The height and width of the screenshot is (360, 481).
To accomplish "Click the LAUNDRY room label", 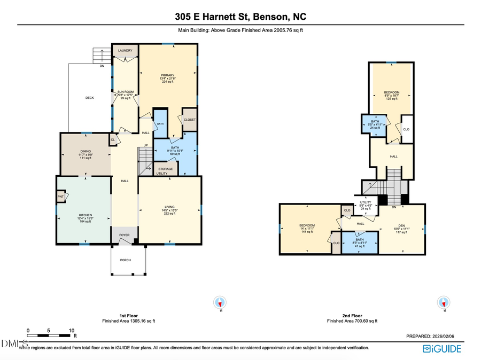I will (125, 51).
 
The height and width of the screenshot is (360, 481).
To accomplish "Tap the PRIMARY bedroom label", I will (167, 75).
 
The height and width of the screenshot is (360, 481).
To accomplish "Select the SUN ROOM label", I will (125, 92).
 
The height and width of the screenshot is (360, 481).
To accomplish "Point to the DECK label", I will (90, 98).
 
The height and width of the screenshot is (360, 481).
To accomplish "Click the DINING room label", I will (86, 152).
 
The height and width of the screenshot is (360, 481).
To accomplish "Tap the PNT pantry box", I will (61, 197).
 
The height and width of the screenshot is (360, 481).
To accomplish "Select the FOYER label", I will (125, 235).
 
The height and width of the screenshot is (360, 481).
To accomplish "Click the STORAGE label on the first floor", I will (165, 169).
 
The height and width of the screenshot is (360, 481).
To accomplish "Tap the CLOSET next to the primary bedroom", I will (190, 120).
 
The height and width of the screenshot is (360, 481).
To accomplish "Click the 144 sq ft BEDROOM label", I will (307, 225).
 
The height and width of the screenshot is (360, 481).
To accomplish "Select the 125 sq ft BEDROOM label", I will (392, 92).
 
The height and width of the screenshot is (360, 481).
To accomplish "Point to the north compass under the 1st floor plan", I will (219, 302).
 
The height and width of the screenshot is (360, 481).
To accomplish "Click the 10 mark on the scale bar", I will (72, 331).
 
